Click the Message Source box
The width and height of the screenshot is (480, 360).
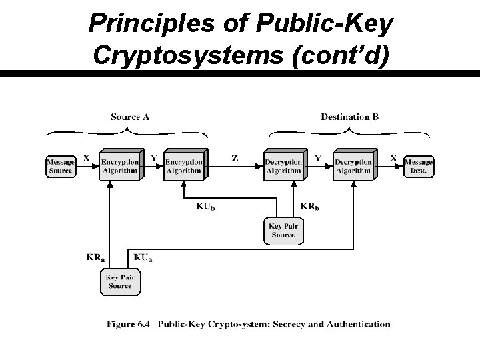coord(60,166)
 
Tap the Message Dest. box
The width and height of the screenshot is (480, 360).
coord(419,166)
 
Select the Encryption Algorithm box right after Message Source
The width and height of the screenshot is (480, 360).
coord(120,166)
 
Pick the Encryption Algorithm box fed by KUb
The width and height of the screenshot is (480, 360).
coord(183,166)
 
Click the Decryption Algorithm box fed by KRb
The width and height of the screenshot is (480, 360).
coord(283,166)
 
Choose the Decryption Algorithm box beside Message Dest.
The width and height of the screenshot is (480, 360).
coord(353,166)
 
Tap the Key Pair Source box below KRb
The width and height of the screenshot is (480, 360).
coord(283,231)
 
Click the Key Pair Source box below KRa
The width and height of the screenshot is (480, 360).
coord(120,281)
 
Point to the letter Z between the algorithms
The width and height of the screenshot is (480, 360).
coord(235,159)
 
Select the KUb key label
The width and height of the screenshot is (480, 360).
coord(205,206)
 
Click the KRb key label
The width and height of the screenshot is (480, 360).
coord(310,206)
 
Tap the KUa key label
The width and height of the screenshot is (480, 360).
coord(143,257)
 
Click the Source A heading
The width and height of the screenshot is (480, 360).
coord(130,117)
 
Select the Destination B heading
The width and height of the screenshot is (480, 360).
coord(349,117)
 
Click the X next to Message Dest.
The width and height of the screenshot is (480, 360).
coord(393,158)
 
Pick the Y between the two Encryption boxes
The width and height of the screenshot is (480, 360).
coord(154,158)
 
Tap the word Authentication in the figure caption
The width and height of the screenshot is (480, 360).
coord(357,325)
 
